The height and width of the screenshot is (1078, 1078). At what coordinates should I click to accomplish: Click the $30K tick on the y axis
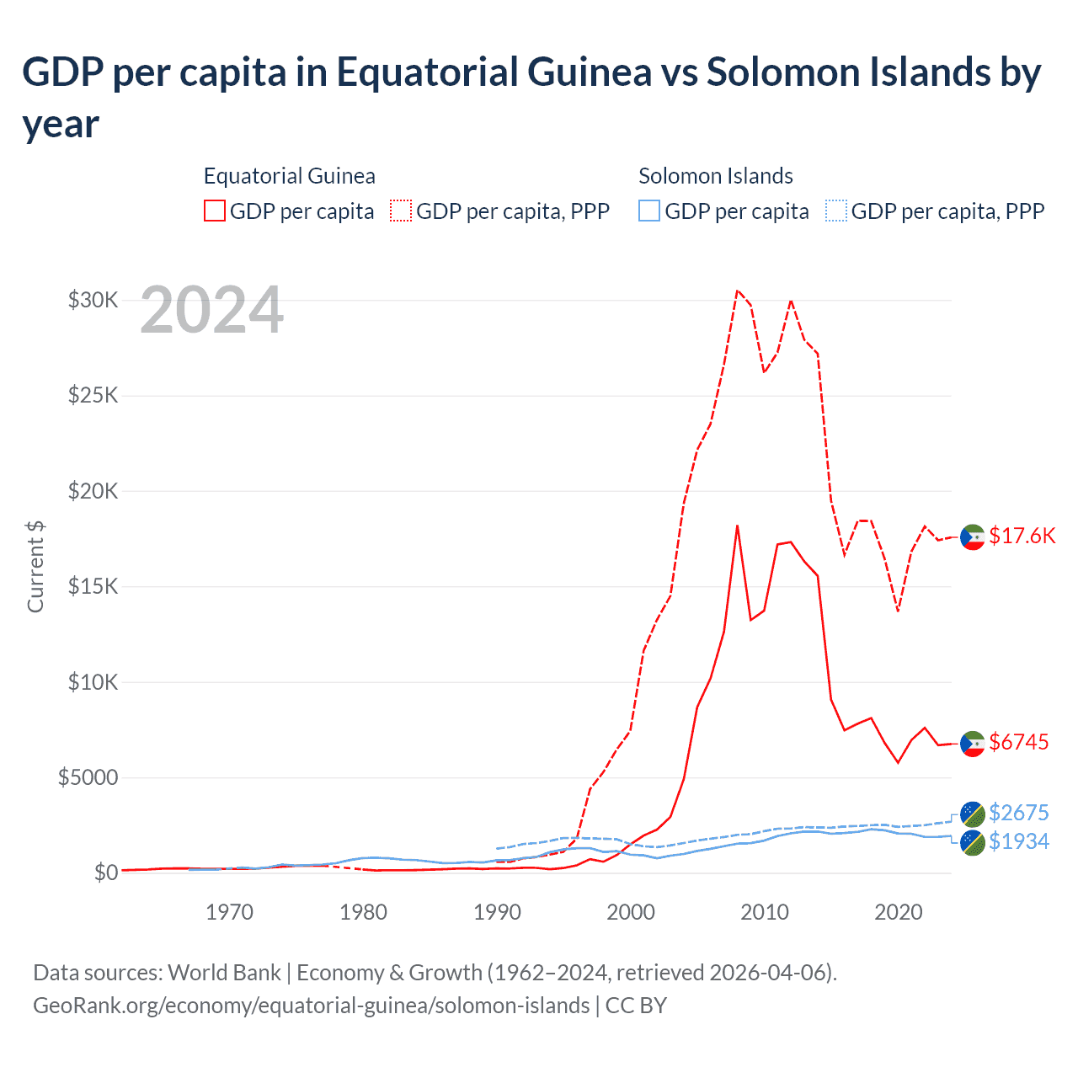[x=93, y=300]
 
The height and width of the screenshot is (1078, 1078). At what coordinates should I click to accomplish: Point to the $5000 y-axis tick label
[x=88, y=777]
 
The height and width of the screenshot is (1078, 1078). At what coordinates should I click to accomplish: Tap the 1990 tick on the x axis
[x=497, y=912]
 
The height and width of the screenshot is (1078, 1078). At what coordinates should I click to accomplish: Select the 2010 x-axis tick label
[x=764, y=912]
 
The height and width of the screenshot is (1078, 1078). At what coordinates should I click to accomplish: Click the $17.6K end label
[x=1022, y=536]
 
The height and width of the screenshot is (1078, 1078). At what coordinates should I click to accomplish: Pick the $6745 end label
[x=1018, y=742]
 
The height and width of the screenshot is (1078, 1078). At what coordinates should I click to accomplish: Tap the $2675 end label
[x=1018, y=813]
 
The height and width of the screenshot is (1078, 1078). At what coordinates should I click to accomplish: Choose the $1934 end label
[x=1018, y=841]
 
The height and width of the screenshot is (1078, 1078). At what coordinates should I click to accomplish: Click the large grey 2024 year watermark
[x=211, y=311]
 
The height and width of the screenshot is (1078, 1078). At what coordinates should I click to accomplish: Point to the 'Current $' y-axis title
[x=35, y=566]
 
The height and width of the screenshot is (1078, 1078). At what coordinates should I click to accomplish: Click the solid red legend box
[x=215, y=211]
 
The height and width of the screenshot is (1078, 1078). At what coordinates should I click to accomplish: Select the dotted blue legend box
[x=836, y=211]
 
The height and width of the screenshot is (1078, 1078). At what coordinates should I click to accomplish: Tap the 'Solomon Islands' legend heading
[x=715, y=176]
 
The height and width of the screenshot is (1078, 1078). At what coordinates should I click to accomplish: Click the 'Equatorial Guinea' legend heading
[x=289, y=176]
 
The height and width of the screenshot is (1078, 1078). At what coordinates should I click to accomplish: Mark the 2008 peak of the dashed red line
[x=737, y=291]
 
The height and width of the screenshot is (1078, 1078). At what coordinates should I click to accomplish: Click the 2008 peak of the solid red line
[x=737, y=526]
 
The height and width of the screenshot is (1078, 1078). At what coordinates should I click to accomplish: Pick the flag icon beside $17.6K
[x=973, y=536]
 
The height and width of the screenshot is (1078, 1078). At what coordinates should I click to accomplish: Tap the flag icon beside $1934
[x=973, y=842]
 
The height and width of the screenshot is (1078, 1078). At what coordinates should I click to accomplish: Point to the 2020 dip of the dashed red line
[x=898, y=611]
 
